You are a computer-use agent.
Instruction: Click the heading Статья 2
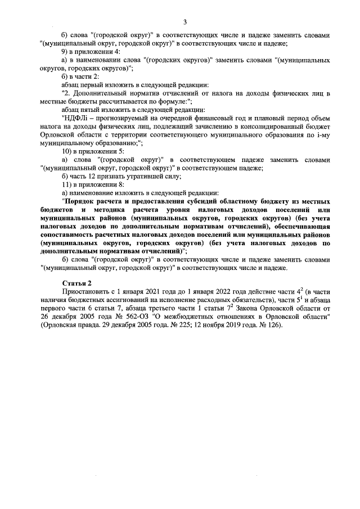click(75, 282)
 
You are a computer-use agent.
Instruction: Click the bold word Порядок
click(81, 200)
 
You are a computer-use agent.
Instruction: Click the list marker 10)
click(66, 151)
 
